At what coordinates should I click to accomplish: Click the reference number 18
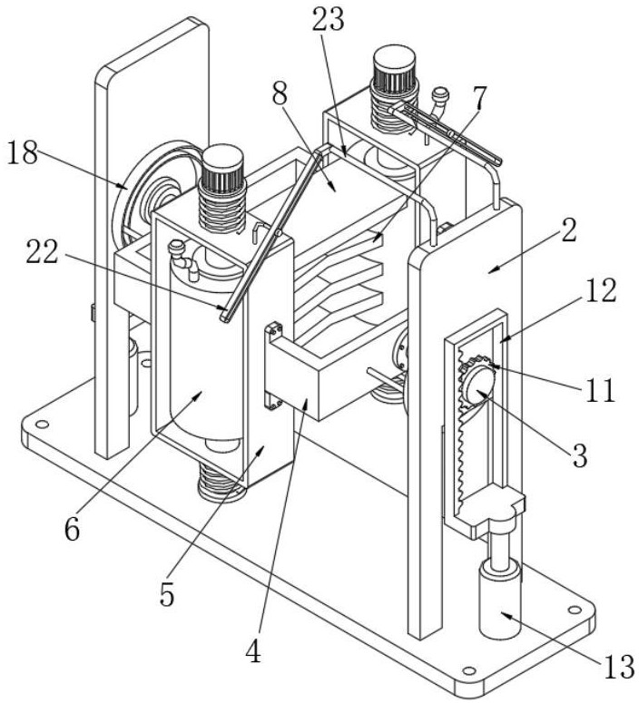[25, 153]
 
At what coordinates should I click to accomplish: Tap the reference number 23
[329, 21]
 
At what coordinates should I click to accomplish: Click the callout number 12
[601, 290]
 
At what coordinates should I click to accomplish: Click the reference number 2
[568, 229]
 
